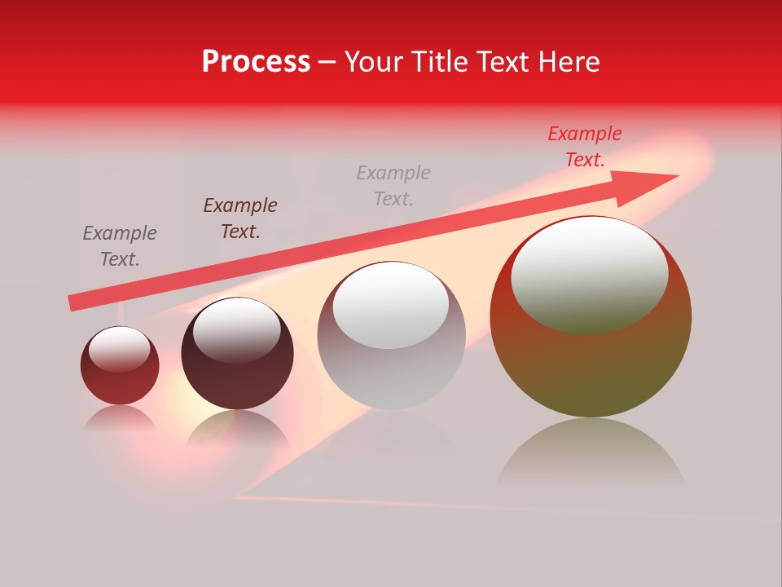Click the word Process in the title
point(256,62)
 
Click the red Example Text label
point(584,147)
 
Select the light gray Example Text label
point(393,185)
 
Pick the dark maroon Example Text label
point(240,218)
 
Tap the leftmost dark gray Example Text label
point(120,245)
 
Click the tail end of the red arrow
point(72,303)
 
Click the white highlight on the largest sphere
point(589,275)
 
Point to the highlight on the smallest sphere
point(120,350)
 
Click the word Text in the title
point(507,62)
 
